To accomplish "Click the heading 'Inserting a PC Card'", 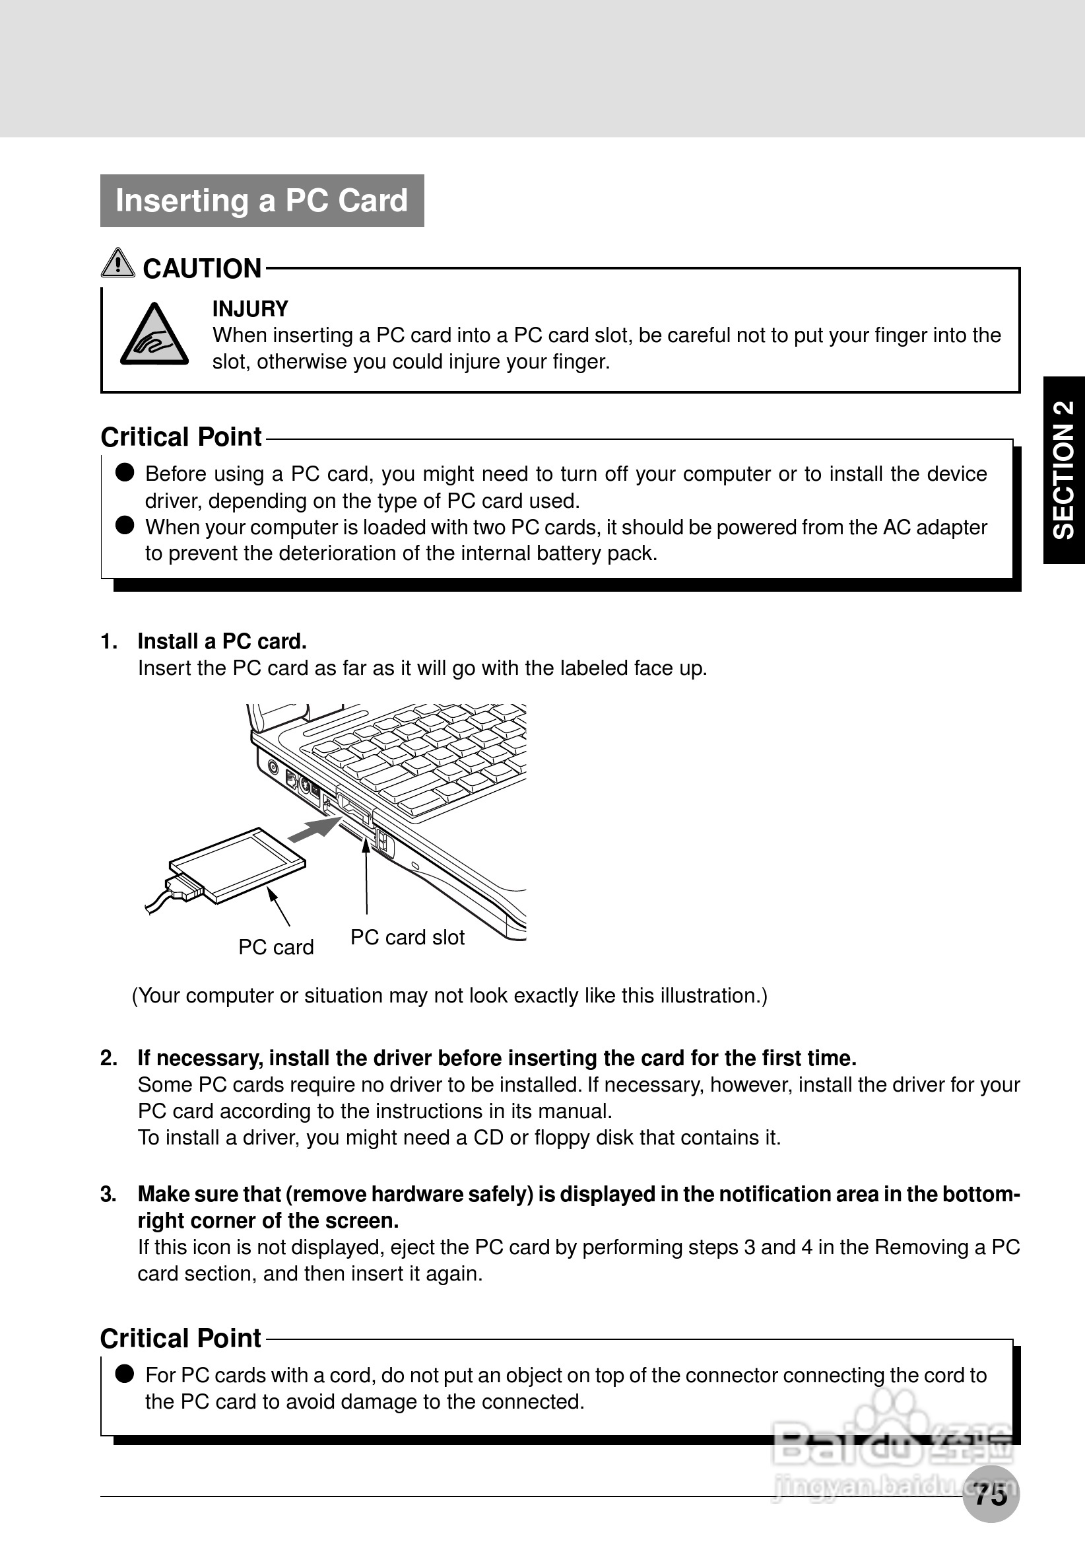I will pos(261,201).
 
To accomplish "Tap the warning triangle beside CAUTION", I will pos(117,263).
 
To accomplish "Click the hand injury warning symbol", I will pos(154,335).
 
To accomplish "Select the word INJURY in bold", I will pos(250,309).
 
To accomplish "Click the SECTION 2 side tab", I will pos(1063,470).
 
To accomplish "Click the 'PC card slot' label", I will pos(407,937).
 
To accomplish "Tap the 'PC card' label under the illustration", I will pos(276,947).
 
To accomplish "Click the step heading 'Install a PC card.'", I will pos(222,641).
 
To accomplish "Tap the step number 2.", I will pos(108,1058).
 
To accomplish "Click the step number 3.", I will pos(108,1194).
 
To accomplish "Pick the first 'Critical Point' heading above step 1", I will pos(181,437).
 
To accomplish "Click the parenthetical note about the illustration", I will pos(449,996).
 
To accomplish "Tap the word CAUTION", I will pos(201,268).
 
